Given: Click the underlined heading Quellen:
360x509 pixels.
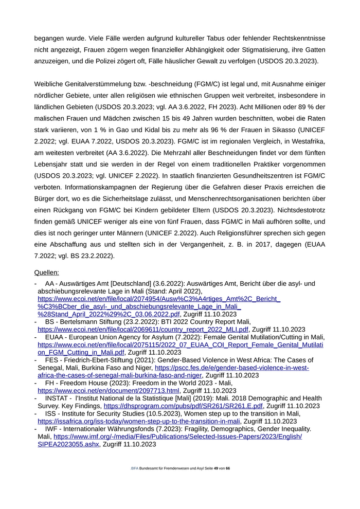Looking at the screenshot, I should (x=46, y=272).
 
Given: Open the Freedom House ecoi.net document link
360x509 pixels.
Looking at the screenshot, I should (x=109, y=391).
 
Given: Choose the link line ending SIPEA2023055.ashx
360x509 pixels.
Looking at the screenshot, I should (x=69, y=444).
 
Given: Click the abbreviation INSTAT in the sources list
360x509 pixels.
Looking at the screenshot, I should (x=58, y=398).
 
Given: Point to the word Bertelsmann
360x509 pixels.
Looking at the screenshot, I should (x=81, y=322).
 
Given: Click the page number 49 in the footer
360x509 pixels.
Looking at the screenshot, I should (x=216, y=469).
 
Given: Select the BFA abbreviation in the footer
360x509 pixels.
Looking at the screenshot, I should (x=135, y=469).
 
